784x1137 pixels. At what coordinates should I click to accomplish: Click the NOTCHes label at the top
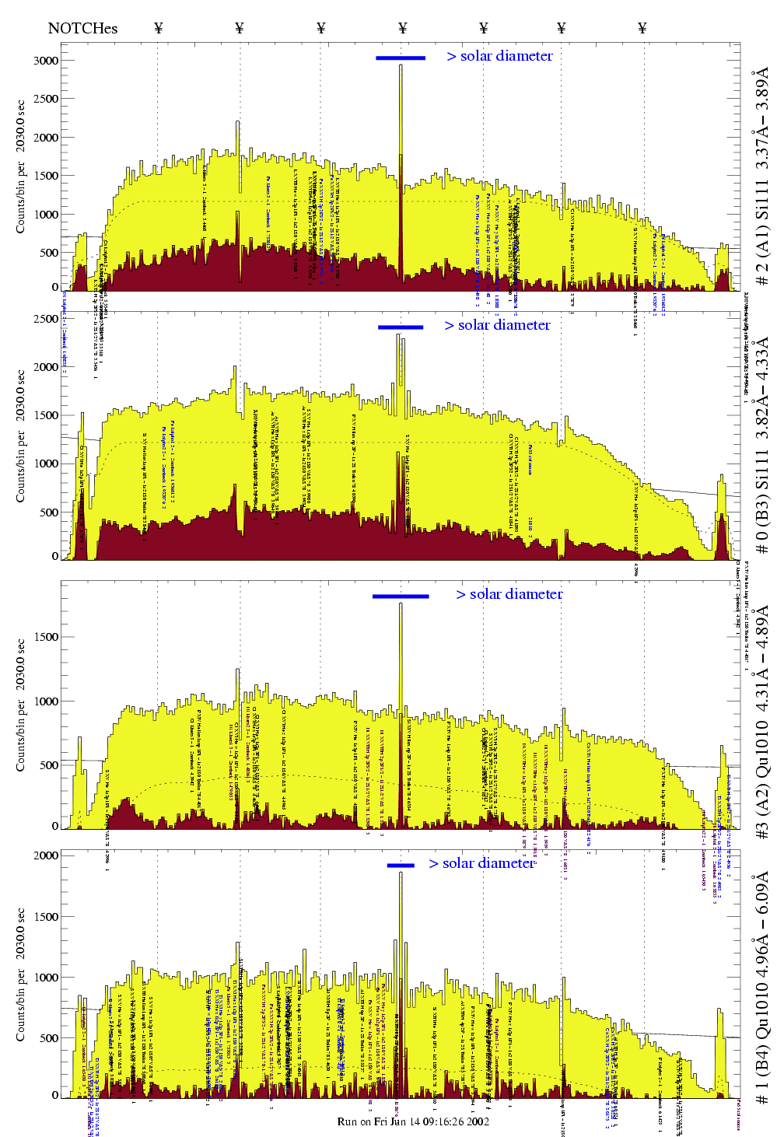click(82, 28)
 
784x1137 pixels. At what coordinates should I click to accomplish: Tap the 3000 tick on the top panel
click(46, 61)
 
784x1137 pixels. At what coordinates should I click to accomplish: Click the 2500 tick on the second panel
click(46, 319)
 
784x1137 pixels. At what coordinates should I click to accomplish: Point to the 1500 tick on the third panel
click(46, 637)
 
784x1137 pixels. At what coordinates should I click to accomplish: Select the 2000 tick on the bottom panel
click(46, 855)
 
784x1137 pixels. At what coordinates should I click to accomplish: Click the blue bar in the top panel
click(401, 58)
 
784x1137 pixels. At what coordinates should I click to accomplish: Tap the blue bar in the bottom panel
click(401, 865)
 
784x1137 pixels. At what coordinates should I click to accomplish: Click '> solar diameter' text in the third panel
click(509, 594)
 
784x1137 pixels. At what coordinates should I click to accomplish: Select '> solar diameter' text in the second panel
click(497, 325)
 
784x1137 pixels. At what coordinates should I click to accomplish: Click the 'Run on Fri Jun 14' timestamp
click(413, 1121)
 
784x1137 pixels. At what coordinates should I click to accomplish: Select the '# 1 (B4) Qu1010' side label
click(761, 988)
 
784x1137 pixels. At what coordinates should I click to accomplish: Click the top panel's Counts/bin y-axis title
click(21, 166)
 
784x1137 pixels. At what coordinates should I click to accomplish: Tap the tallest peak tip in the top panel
click(401, 65)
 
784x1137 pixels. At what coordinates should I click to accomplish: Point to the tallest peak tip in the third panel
click(401, 603)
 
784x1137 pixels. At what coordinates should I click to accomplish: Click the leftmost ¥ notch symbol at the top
click(159, 28)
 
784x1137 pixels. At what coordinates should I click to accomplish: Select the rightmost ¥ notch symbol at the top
click(642, 28)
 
